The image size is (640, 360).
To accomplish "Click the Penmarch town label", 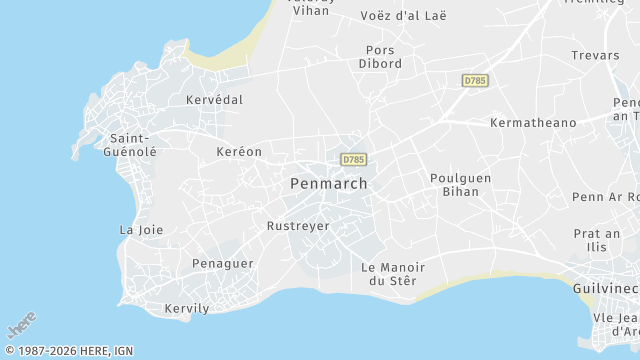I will pyautogui.click(x=328, y=184).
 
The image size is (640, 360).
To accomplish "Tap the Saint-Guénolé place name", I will pyautogui.click(x=130, y=144).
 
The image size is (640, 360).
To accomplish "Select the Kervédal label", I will pyautogui.click(x=214, y=100).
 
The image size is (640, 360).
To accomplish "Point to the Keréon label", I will pyautogui.click(x=239, y=152).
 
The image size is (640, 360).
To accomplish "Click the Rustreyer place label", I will pyautogui.click(x=298, y=226).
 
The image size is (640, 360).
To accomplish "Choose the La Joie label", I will pyautogui.click(x=141, y=230).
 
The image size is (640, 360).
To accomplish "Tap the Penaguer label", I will pyautogui.click(x=223, y=264).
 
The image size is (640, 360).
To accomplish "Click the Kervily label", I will pyautogui.click(x=187, y=308).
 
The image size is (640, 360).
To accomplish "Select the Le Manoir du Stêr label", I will pyautogui.click(x=393, y=274).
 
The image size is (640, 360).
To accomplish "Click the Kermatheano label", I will pyautogui.click(x=533, y=122).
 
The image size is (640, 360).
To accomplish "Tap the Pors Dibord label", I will pyautogui.click(x=380, y=57).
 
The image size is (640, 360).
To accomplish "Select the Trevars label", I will pyautogui.click(x=596, y=56).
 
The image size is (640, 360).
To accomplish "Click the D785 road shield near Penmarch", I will pyautogui.click(x=353, y=159).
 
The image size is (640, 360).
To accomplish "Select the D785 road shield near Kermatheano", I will pyautogui.click(x=475, y=79).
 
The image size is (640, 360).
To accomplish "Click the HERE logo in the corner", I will pyautogui.click(x=21, y=326).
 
